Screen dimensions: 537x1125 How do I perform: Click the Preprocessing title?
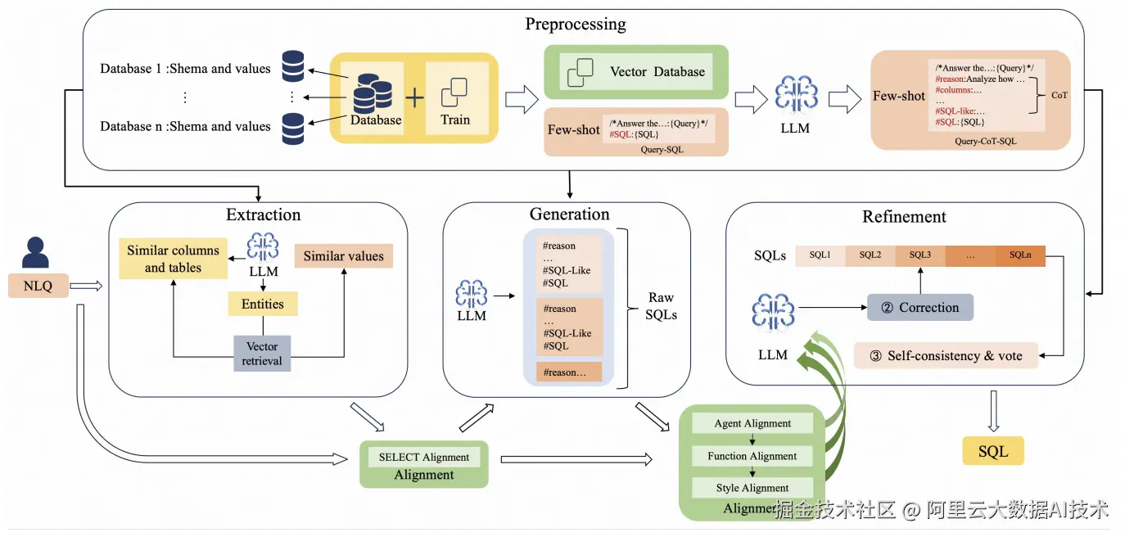[x=576, y=24]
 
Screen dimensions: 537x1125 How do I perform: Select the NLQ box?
[x=37, y=286]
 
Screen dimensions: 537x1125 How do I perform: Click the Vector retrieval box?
[x=262, y=354]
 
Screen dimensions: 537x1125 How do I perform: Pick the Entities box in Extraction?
[x=262, y=305]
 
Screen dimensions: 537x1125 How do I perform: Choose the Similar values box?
[x=343, y=256]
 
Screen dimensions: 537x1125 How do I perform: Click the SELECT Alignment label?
[x=424, y=457]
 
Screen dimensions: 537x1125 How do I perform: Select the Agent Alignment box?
[x=752, y=423]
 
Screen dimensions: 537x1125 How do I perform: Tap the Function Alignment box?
[x=752, y=456]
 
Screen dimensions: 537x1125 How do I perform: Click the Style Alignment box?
[x=752, y=488]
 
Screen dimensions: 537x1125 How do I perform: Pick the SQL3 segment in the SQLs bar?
[x=920, y=255]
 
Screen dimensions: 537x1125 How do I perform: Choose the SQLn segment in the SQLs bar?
[x=1020, y=255]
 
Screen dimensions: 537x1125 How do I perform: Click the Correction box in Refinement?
[x=920, y=308]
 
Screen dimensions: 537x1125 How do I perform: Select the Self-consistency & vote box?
[x=945, y=356]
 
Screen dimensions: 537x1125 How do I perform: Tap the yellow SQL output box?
[x=993, y=452]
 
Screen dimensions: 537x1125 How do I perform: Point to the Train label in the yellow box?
[x=455, y=120]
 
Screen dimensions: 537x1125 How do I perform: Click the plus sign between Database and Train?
[x=415, y=97]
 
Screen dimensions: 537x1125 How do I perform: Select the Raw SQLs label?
[x=661, y=306]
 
